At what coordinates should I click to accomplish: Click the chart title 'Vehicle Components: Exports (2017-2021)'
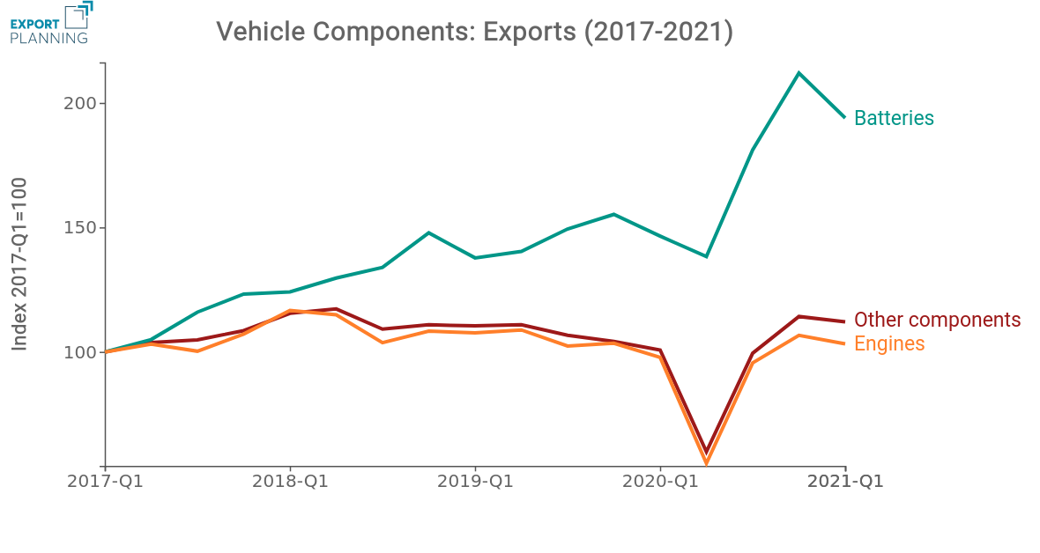click(474, 32)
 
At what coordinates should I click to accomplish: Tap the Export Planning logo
click(49, 23)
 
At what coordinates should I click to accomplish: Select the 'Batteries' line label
click(894, 118)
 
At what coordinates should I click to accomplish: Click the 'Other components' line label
click(937, 320)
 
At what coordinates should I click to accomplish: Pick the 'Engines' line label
click(889, 343)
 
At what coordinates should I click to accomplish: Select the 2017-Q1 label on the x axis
click(105, 483)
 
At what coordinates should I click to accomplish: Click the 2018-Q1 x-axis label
click(290, 483)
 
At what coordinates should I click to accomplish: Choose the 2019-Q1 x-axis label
click(476, 483)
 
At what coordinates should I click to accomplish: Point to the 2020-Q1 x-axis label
click(661, 483)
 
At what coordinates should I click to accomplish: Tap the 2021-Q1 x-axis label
click(846, 483)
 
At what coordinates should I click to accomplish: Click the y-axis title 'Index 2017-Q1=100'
click(19, 263)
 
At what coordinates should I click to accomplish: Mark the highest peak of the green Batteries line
click(799, 73)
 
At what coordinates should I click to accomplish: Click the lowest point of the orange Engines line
click(706, 462)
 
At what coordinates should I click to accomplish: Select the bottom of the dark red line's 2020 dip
click(706, 451)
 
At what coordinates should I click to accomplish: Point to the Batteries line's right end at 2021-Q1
click(845, 117)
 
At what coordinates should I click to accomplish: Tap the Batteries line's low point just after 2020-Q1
click(706, 256)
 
